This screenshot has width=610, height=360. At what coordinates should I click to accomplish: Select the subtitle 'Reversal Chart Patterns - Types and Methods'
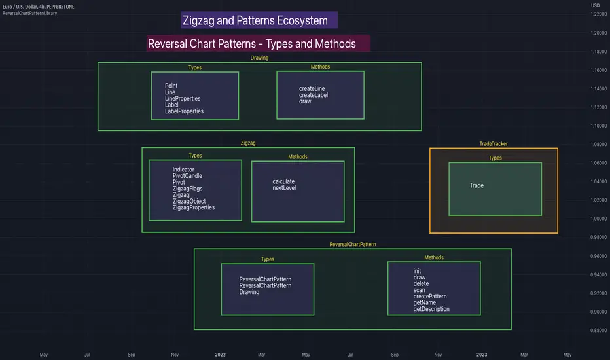coord(252,44)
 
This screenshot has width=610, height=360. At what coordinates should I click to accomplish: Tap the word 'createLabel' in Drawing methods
coord(314,95)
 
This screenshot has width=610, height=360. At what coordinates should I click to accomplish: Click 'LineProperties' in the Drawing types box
coord(183,99)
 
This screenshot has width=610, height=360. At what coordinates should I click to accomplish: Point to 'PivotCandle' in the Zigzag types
coord(187,176)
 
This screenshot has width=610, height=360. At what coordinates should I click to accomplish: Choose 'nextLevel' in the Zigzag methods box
coord(285,188)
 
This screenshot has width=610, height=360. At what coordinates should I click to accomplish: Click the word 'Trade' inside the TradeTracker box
coord(476,185)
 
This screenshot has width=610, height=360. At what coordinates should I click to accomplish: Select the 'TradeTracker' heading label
coord(493,143)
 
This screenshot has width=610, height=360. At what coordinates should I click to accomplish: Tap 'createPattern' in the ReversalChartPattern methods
coord(430,297)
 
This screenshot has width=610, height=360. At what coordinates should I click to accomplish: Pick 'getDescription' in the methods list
coord(431,309)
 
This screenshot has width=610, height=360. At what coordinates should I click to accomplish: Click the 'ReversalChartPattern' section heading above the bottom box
coord(352,243)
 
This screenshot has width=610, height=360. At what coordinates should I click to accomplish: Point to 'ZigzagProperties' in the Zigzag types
coord(194,207)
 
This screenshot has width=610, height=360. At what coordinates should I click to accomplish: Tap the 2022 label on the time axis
coord(220,354)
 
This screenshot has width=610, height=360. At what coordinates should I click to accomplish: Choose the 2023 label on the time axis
coord(481,354)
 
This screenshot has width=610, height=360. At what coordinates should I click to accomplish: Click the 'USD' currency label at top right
coord(595,5)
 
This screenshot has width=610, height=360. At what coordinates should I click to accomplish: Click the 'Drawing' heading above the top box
coord(259,58)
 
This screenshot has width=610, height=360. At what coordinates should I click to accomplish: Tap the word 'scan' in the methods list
coord(420,290)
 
